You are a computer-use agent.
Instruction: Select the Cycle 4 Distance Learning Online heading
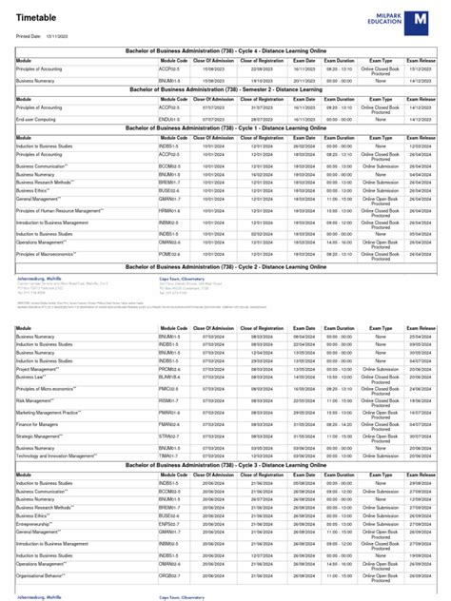pyautogui.click(x=225, y=50)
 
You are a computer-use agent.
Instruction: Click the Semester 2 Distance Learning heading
pyautogui.click(x=225, y=88)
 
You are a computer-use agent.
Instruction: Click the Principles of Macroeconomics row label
pyautogui.click(x=51, y=255)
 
